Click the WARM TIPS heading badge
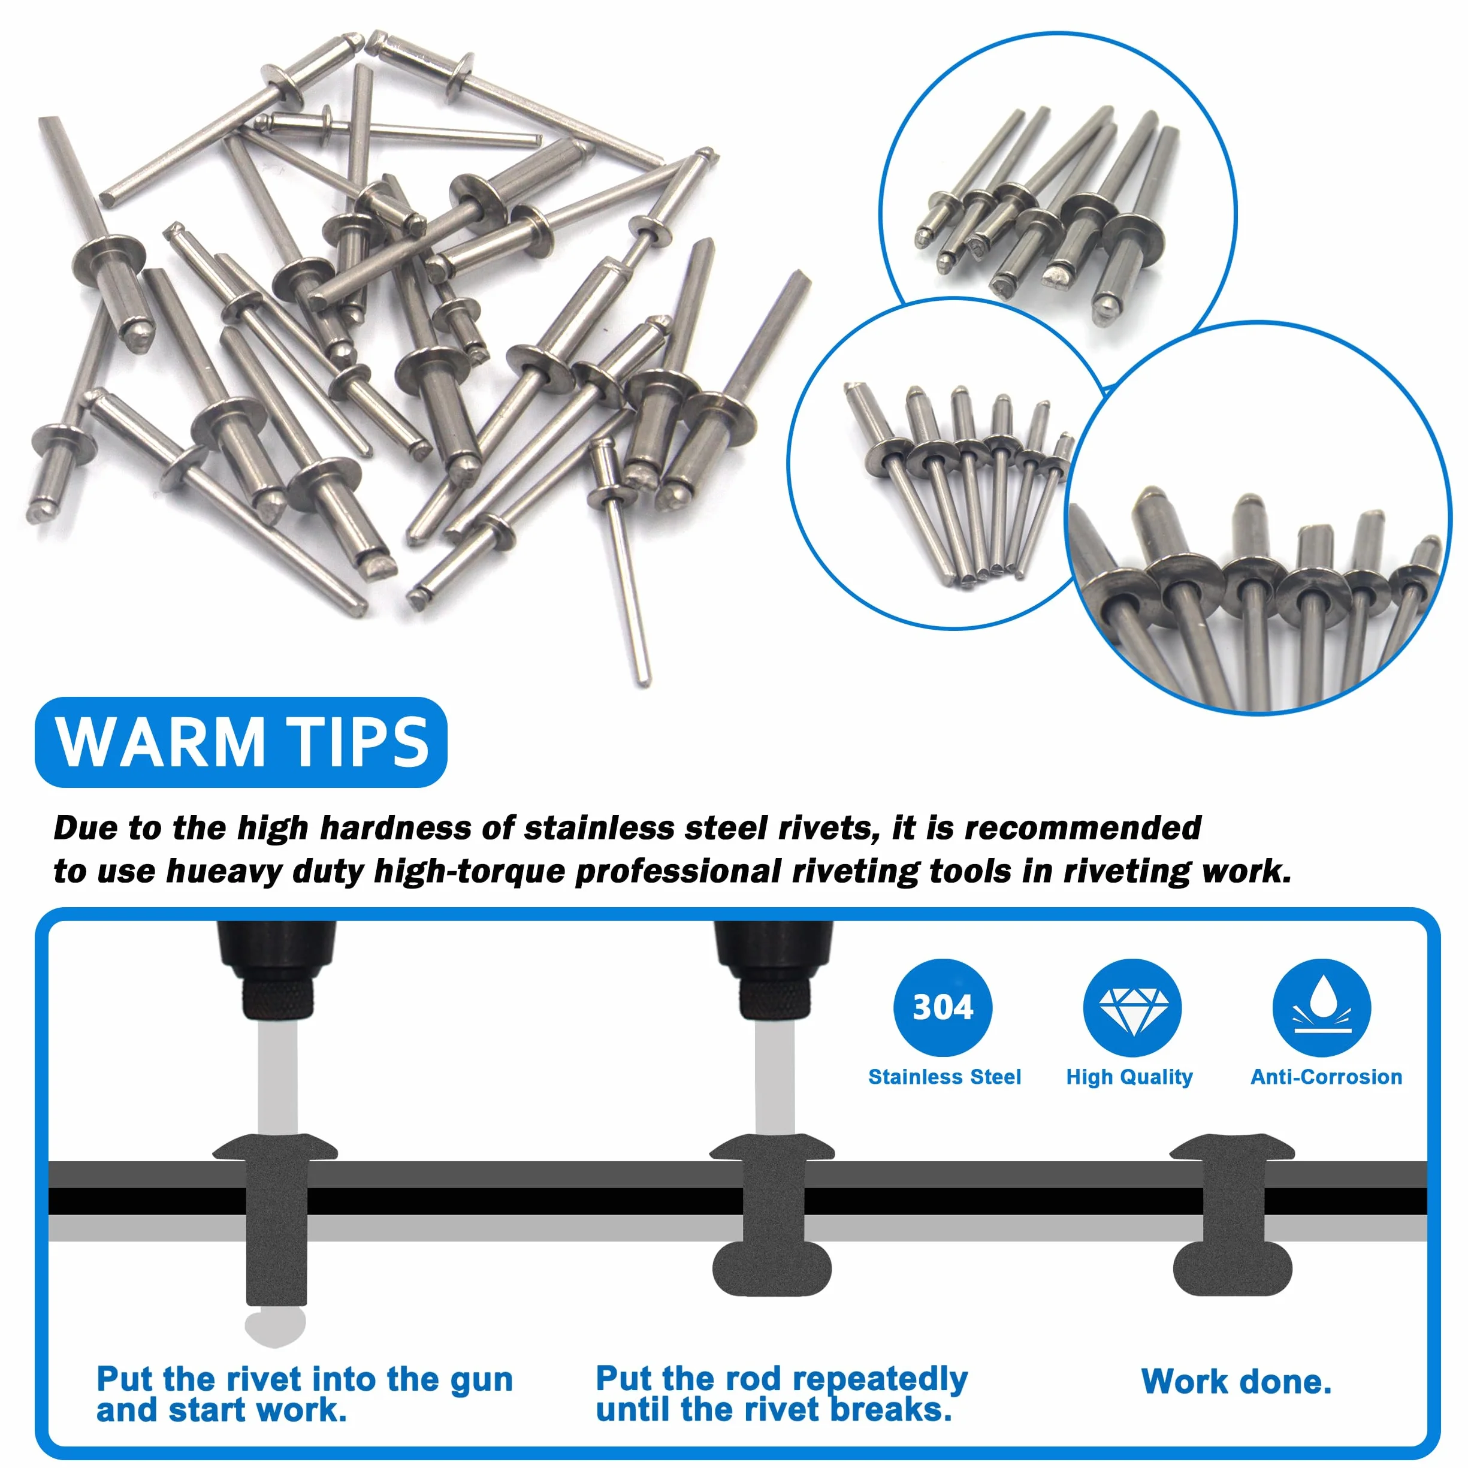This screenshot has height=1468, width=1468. [x=241, y=742]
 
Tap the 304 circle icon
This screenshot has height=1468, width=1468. [x=943, y=1008]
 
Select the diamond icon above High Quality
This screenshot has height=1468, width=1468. [x=1132, y=1008]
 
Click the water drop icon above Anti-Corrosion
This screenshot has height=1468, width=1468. [x=1322, y=1008]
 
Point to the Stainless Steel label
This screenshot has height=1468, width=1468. [x=944, y=1077]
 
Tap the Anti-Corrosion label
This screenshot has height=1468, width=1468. [x=1327, y=1077]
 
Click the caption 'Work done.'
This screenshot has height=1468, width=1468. [x=1236, y=1381]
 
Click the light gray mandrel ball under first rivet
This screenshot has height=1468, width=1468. [x=275, y=1325]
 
